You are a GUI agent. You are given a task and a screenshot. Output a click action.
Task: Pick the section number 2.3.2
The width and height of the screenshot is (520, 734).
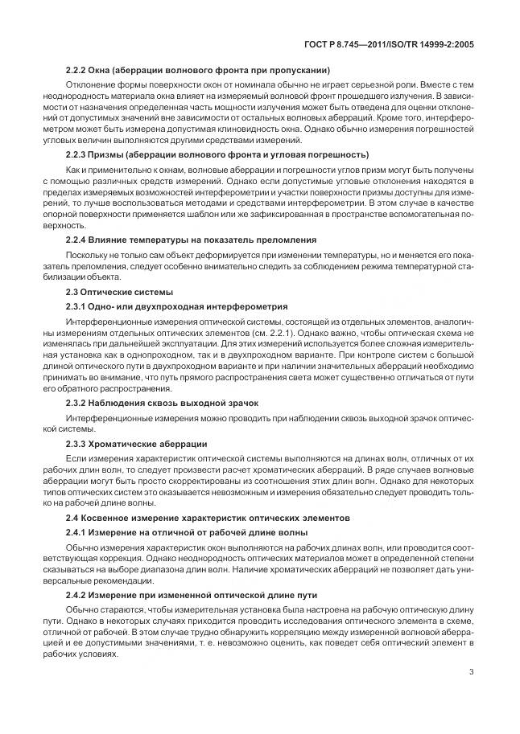(77, 401)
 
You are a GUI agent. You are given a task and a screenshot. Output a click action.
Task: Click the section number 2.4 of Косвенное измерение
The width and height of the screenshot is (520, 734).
(74, 517)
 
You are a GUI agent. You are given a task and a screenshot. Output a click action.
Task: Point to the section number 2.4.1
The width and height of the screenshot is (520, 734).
(77, 533)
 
